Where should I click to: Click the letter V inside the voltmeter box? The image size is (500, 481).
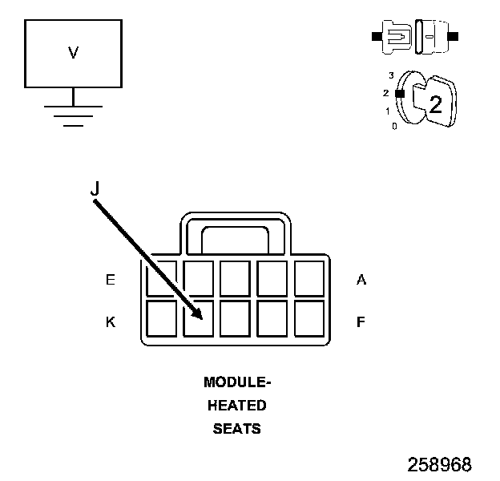point(73,53)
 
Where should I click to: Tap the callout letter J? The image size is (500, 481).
point(95,188)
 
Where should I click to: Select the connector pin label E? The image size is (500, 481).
point(111,280)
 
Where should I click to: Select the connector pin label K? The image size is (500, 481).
point(111,322)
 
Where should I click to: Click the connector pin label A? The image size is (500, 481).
point(361,280)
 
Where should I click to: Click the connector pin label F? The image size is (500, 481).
point(361,322)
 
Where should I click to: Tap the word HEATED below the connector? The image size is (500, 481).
point(236,406)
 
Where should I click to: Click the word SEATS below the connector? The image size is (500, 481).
point(236,429)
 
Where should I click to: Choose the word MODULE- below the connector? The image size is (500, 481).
point(236,382)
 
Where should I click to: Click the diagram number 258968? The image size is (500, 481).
point(439,465)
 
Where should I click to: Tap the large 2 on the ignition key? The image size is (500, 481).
point(435,105)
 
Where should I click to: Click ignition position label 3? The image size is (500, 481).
point(391,75)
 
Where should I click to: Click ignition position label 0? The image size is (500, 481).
point(393,127)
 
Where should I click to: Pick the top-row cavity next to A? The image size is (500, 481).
point(308,278)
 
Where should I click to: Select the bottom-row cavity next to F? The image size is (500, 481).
point(308,318)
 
